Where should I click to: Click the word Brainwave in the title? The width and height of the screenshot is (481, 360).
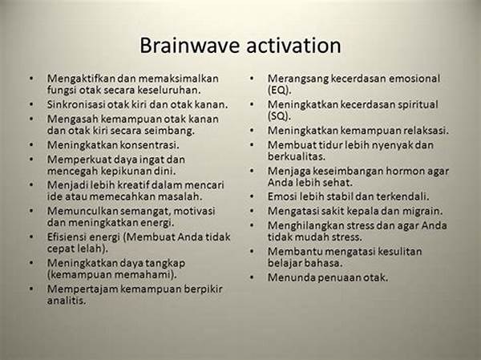[x=189, y=46]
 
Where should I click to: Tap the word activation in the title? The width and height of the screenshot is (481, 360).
[x=293, y=46]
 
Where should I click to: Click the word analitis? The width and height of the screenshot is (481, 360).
[x=67, y=300]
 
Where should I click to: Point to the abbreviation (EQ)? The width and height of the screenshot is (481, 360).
[x=279, y=91]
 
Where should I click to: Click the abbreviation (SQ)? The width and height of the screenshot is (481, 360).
[x=279, y=116]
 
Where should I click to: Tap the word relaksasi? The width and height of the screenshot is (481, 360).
[x=426, y=131]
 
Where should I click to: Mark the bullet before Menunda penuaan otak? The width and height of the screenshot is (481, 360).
[x=252, y=277]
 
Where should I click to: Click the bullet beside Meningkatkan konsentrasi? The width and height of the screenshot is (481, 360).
[x=31, y=144]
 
